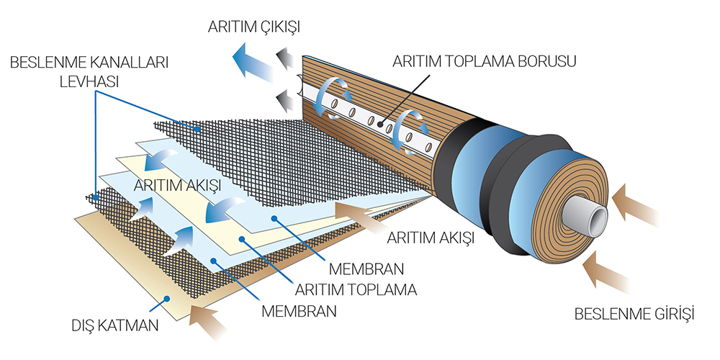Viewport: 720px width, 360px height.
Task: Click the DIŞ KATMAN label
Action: (115, 328)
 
